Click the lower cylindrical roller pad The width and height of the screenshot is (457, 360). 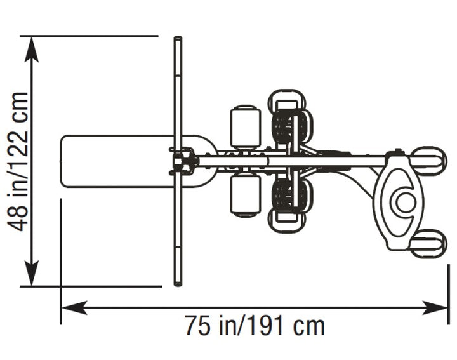point(245,195)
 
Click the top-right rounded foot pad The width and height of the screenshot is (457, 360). point(430,160)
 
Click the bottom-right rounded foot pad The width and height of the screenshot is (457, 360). point(428,243)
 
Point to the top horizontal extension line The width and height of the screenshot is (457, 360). point(89,36)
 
